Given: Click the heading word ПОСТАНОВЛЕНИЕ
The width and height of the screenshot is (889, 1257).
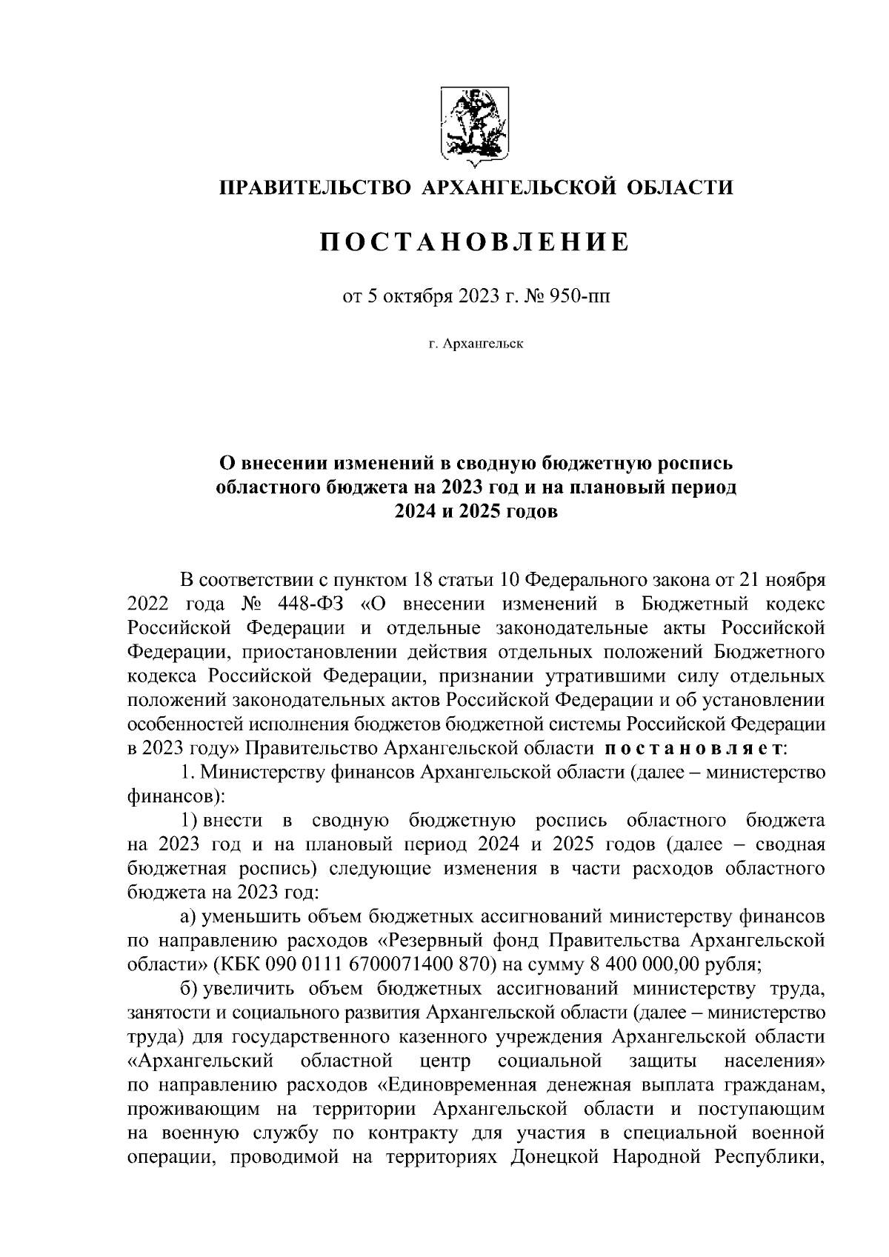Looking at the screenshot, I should (x=474, y=242).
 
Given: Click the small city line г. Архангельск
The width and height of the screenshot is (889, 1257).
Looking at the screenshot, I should (x=475, y=344).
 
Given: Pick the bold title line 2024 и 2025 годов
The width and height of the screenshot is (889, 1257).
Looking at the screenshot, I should (x=475, y=512).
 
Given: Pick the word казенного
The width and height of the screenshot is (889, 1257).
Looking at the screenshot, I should (x=438, y=1037).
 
